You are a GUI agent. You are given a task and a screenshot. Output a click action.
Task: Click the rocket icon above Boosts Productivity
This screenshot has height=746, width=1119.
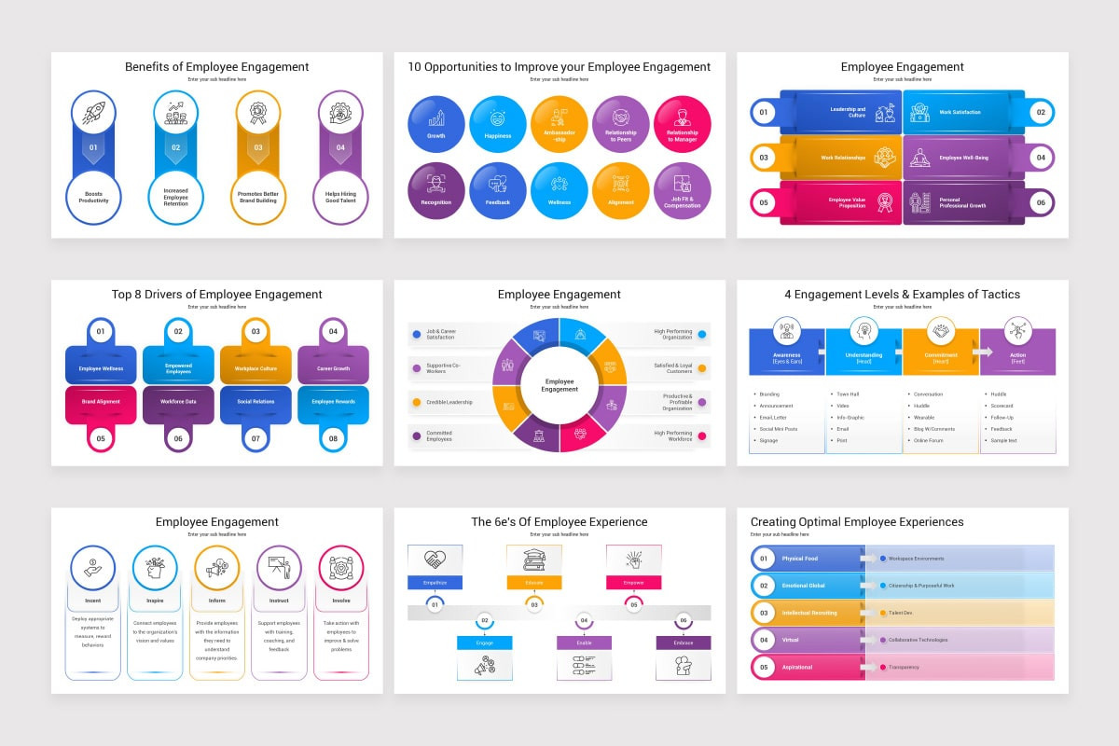coord(93,113)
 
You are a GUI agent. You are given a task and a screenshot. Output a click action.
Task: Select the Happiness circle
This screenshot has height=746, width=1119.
coord(498,124)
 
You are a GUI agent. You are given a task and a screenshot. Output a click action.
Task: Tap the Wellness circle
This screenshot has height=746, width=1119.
coord(559,190)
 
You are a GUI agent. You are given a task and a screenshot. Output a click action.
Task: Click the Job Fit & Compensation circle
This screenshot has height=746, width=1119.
coord(682,190)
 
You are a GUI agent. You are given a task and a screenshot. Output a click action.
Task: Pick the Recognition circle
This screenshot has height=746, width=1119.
coord(435,190)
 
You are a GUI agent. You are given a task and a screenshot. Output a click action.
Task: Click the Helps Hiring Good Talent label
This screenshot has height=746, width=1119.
coord(340,196)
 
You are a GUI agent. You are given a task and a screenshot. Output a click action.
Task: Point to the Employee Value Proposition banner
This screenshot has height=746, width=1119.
coord(843,202)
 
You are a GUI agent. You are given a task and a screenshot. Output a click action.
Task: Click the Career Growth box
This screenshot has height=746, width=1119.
coord(333,367)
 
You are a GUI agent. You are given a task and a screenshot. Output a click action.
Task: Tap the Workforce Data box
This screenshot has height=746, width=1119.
coord(178,402)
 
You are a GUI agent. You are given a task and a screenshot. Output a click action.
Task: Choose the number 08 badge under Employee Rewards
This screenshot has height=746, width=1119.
coord(333,437)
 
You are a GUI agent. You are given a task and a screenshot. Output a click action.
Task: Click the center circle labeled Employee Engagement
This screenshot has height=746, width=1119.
coord(559,385)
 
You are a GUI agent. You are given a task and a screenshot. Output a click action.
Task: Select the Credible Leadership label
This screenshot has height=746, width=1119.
coord(449,402)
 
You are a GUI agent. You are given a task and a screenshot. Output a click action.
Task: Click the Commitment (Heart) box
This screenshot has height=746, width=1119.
coord(940,354)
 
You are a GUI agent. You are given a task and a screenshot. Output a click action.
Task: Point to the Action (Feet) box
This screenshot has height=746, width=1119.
coord(1017,354)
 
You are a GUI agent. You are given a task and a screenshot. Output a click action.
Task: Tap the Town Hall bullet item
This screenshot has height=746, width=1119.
coord(848,394)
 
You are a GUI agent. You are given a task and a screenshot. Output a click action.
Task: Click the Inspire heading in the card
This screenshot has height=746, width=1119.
coord(155,601)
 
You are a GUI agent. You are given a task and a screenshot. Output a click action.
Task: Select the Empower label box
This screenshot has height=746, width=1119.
coord(633,582)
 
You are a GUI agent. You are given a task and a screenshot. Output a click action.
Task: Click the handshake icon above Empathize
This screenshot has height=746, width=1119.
coord(435,559)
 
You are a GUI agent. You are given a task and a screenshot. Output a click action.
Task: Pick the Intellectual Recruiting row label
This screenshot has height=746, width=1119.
coord(809,613)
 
